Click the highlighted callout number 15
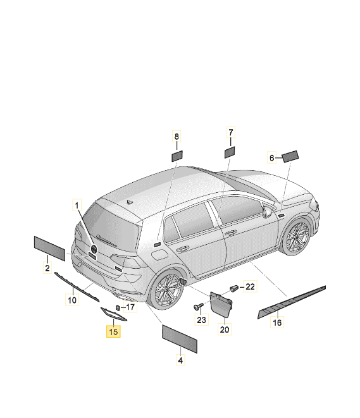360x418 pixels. click(113, 331)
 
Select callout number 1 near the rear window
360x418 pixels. click(77, 206)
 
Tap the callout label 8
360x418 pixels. click(177, 137)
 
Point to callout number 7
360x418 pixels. click(231, 132)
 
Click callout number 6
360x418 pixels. click(271, 158)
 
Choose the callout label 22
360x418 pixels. click(250, 286)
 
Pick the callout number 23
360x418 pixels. click(202, 319)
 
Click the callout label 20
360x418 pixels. click(225, 329)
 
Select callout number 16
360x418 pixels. click(277, 323)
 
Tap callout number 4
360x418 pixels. click(180, 360)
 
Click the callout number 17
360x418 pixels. click(130, 307)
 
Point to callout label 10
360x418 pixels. click(72, 300)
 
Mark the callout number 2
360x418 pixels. click(47, 267)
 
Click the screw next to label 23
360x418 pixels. click(198, 306)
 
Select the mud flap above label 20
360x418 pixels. click(221, 304)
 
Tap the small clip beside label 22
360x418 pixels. click(234, 288)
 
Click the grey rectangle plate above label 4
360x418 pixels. click(180, 339)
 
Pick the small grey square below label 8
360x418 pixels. click(177, 156)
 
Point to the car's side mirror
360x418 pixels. click(266, 211)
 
